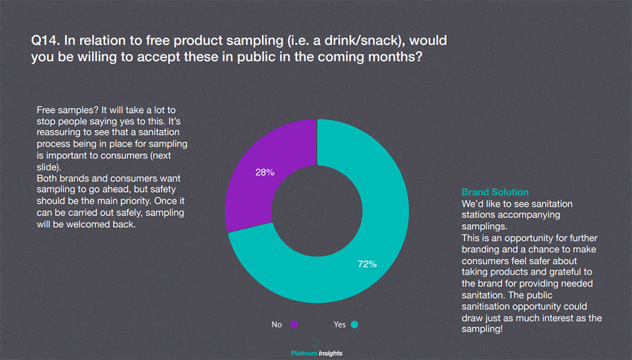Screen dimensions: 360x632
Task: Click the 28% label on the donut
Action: pyautogui.click(x=265, y=172)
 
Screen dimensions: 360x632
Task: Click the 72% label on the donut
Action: pyautogui.click(x=367, y=264)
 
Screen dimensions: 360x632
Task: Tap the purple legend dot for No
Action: pyautogui.click(x=294, y=324)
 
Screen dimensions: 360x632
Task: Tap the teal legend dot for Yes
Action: pyautogui.click(x=355, y=324)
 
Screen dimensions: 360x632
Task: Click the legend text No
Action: pyautogui.click(x=276, y=324)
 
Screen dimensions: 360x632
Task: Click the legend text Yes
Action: pyautogui.click(x=339, y=324)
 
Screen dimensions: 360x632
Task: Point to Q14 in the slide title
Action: pyautogui.click(x=44, y=42)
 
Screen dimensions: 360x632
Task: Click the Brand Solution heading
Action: pyautogui.click(x=495, y=192)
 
